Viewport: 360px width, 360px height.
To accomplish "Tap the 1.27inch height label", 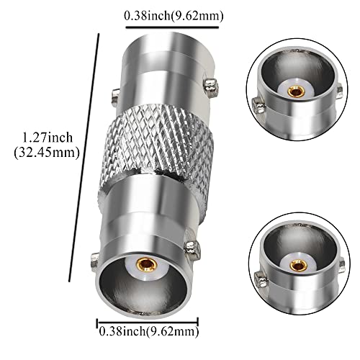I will pos(47,135).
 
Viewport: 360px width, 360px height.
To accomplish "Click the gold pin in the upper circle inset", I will pos(293,91).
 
